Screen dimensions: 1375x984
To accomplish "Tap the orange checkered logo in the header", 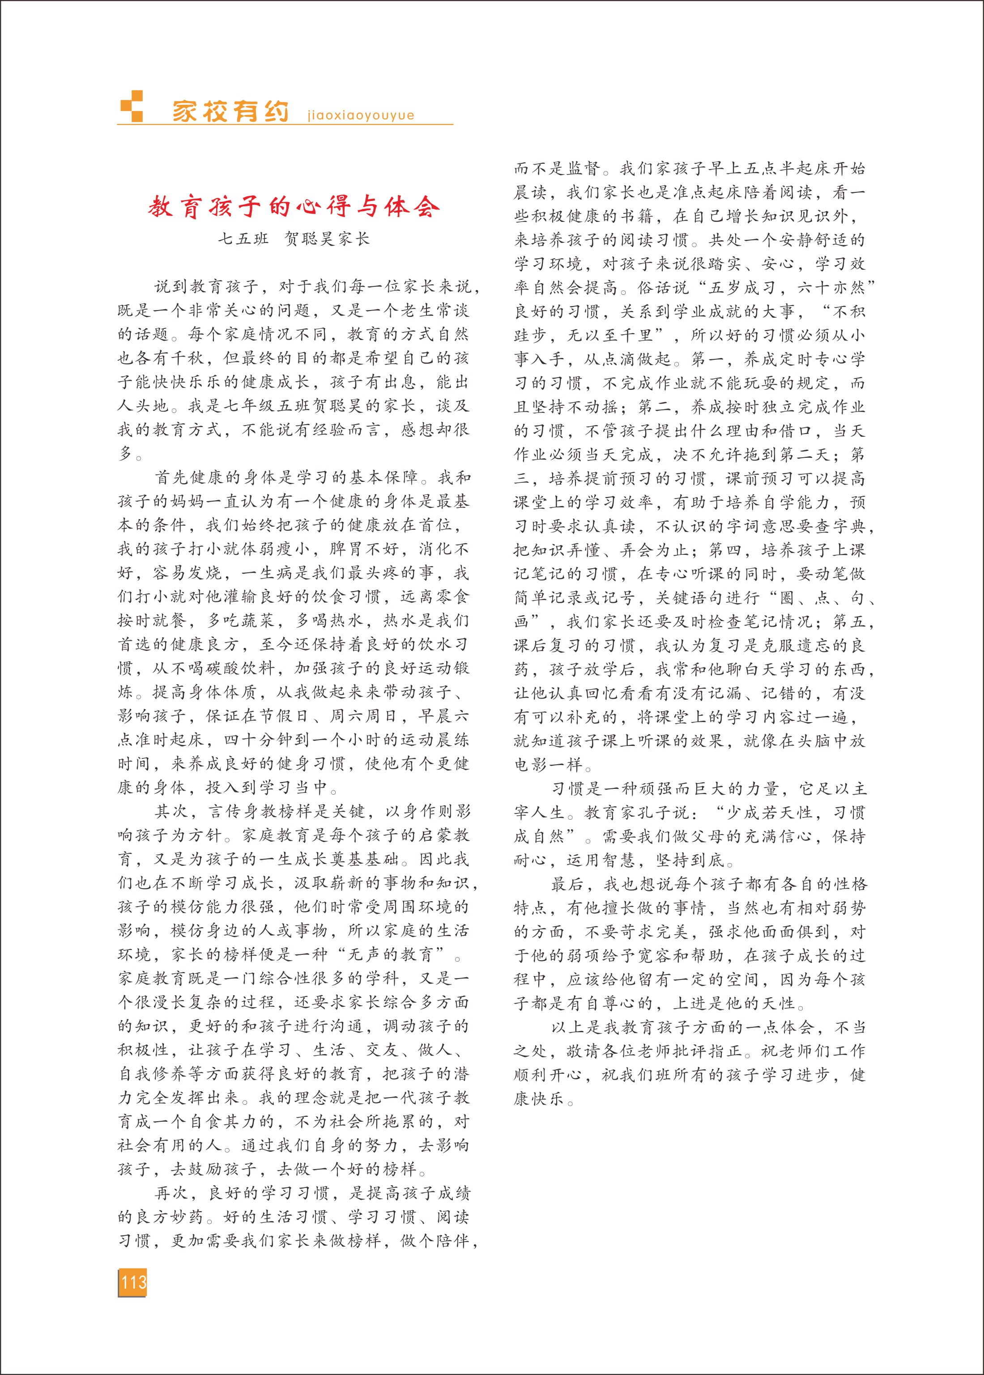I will point(132,106).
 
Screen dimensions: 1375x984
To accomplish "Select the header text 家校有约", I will point(230,111).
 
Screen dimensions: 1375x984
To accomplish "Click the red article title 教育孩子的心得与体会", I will point(294,207).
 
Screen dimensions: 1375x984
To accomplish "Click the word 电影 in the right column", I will point(532,765).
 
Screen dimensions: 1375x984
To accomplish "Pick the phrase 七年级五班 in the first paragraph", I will point(267,406).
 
